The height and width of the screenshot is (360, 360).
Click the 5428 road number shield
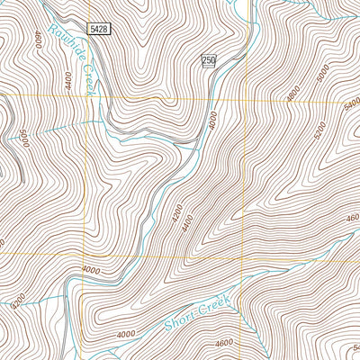pos(100,30)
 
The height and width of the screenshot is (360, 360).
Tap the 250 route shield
pos(209,60)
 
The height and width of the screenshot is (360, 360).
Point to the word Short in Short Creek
pos(179,315)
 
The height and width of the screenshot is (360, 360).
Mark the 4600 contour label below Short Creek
pos(223,342)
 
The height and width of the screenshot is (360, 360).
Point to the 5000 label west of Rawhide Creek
pos(24,140)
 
